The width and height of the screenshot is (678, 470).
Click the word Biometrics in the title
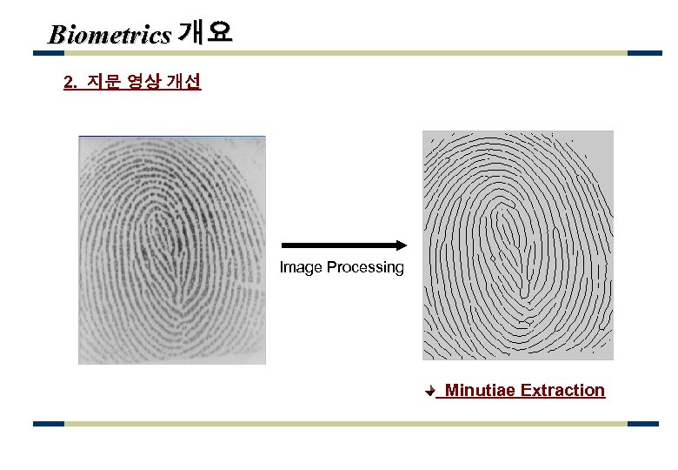[110, 35]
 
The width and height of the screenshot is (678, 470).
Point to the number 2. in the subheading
[72, 84]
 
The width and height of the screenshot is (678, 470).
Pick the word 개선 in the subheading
[184, 83]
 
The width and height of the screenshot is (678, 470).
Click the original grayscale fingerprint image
[172, 250]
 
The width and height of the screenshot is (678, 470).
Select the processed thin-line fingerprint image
[517, 245]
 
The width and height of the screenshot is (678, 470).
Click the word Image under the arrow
[301, 267]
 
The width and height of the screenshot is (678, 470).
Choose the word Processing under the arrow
[365, 268]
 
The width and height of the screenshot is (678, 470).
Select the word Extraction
[562, 390]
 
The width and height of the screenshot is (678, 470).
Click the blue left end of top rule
[49, 53]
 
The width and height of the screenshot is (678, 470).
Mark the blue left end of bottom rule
[49, 424]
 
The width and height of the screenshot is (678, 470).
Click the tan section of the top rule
[348, 53]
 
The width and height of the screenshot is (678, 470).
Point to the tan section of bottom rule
[348, 424]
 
